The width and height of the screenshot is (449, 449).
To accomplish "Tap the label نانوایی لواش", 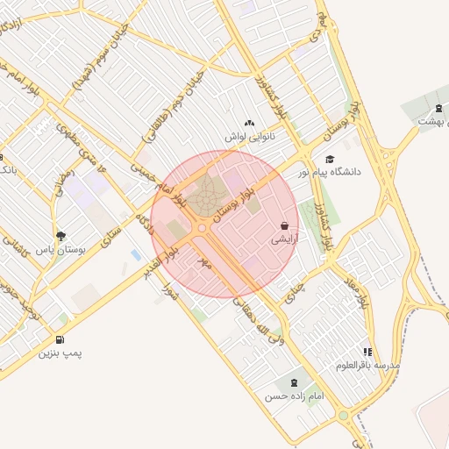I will [x=249, y=138].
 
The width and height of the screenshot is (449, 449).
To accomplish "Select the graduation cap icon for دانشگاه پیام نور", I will [x=330, y=159].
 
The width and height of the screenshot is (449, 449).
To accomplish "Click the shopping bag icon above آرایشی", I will [x=284, y=225].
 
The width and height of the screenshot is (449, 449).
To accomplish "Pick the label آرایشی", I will [x=284, y=239].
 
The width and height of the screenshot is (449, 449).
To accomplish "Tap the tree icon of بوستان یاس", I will [x=61, y=236].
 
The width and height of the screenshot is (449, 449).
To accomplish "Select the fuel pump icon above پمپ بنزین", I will [x=59, y=339].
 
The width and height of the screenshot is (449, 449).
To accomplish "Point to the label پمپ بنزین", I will [x=60, y=353].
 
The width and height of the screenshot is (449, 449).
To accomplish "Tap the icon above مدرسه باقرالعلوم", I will [x=367, y=352].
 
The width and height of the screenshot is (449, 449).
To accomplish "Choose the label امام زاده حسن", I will [x=295, y=396].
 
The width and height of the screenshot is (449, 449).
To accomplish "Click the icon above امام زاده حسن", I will [x=293, y=382].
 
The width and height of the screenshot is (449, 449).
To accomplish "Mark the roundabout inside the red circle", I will [x=203, y=227].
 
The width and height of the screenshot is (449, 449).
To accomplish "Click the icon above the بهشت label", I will [x=438, y=109].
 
